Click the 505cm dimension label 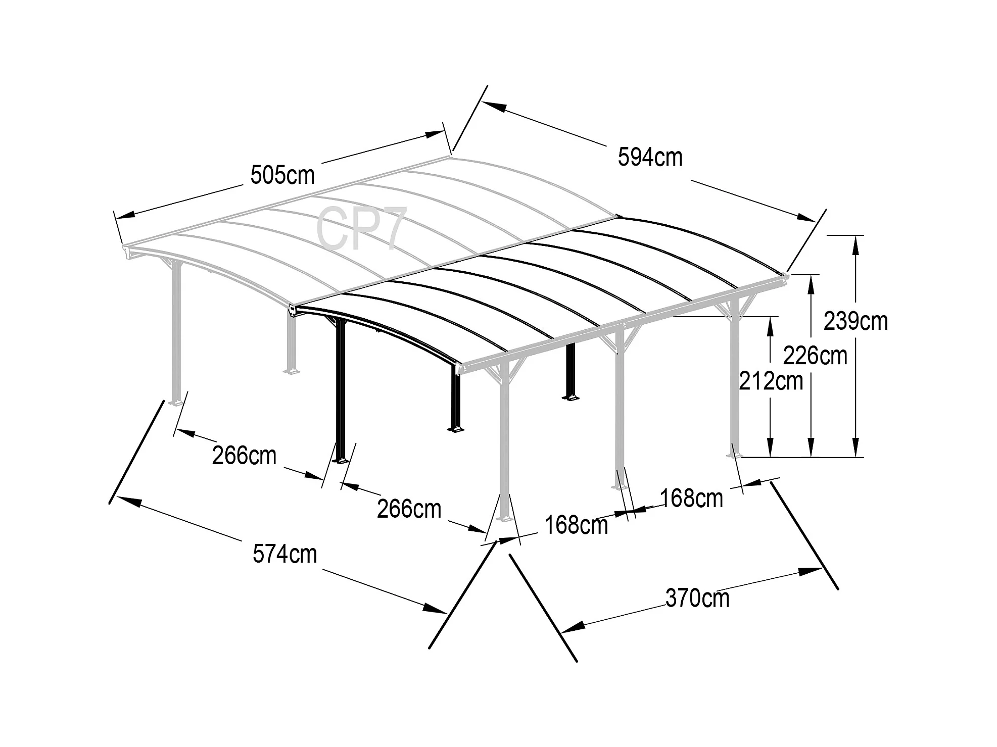pos(282,176)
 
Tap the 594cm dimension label pos(650,157)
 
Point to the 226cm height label pos(815,356)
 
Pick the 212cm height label pos(771,381)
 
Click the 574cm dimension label pos(284,554)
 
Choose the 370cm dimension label pos(697,599)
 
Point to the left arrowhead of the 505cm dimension pos(125,215)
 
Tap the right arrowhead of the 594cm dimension pos(804,218)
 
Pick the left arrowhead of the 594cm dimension pos(495,107)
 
